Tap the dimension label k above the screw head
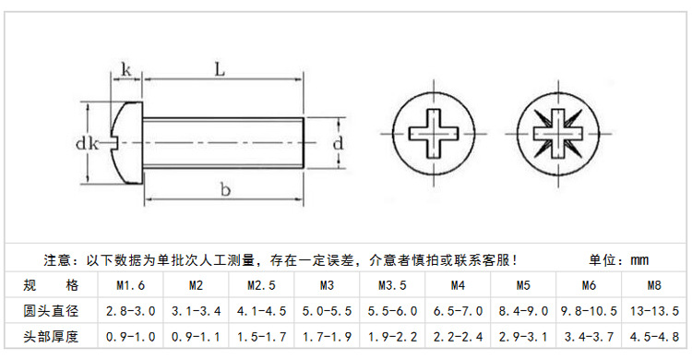pyautogui.click(x=125, y=70)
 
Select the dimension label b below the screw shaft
pyautogui.click(x=223, y=189)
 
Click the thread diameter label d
pyautogui.click(x=338, y=143)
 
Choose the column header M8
pyautogui.click(x=654, y=285)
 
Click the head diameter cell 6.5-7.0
pyautogui.click(x=458, y=311)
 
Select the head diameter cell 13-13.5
pyautogui.click(x=654, y=311)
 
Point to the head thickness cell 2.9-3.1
pyautogui.click(x=523, y=336)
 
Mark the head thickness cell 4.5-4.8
pyautogui.click(x=654, y=336)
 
